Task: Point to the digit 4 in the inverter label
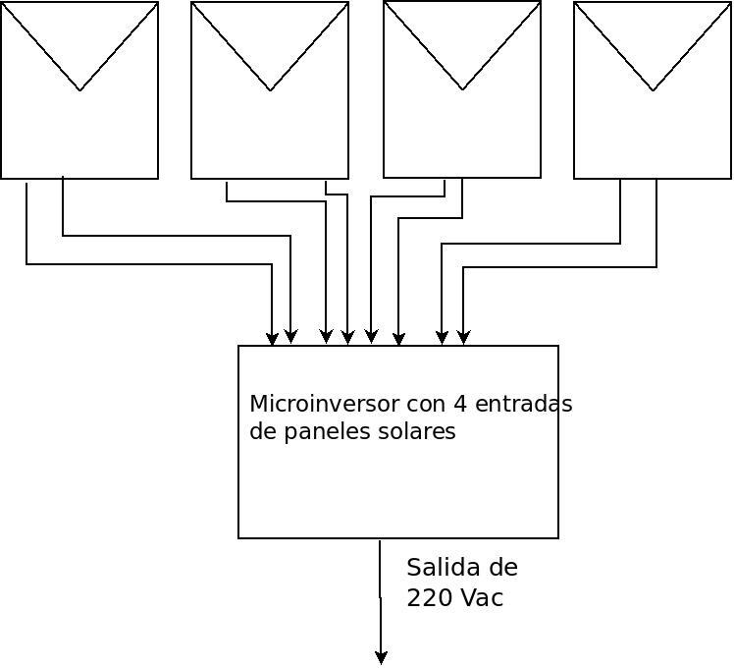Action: coord(461,404)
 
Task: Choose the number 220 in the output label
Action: coord(428,597)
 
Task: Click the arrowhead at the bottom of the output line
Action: coord(381,657)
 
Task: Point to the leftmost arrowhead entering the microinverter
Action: coord(272,339)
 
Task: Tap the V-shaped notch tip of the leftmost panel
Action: coord(79,90)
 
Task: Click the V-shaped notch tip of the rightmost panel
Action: coord(653,90)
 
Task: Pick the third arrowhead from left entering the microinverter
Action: coord(327,337)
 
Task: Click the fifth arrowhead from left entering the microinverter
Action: coord(371,337)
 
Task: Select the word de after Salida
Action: coord(501,568)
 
